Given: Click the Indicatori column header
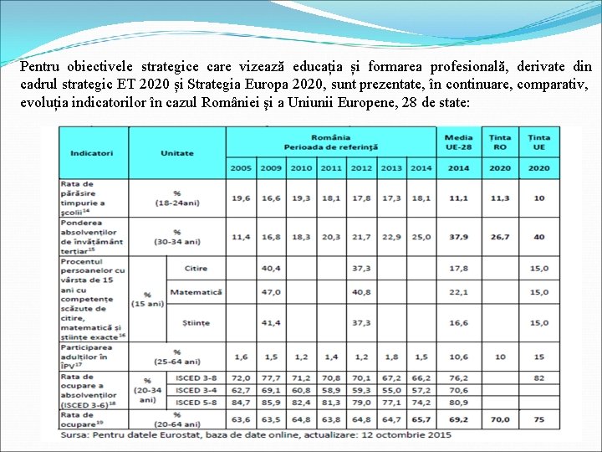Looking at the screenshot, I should (x=92, y=153).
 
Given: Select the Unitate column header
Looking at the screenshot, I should (x=177, y=153).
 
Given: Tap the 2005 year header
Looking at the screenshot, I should (x=241, y=167).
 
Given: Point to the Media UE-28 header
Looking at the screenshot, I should (x=458, y=142).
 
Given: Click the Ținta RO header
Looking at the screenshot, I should (x=499, y=142).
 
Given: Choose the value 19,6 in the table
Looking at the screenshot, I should (x=241, y=198).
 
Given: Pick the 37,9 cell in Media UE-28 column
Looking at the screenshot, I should (x=458, y=237).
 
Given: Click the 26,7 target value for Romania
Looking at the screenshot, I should (x=499, y=237).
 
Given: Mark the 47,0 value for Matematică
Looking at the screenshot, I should (x=271, y=292).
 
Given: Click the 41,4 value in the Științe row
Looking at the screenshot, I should (x=271, y=322).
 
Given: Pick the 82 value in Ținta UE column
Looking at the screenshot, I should (x=538, y=378).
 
